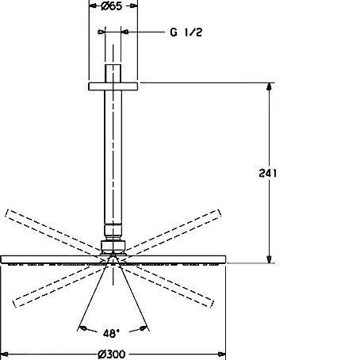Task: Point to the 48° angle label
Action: tap(112, 334)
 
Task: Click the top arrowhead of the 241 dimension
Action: tap(270, 86)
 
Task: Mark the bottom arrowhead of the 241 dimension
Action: tap(270, 259)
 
